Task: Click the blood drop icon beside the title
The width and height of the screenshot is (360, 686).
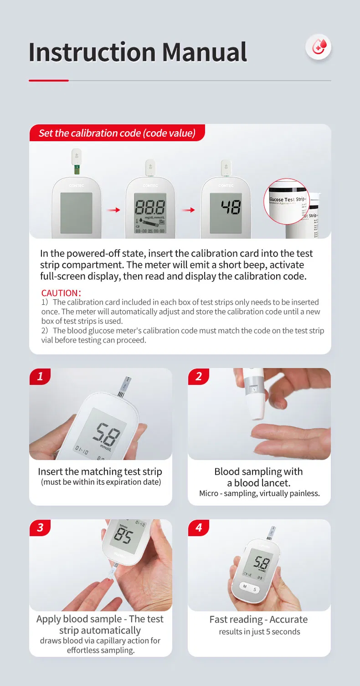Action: [x=319, y=47]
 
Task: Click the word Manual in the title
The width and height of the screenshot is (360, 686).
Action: [x=204, y=52]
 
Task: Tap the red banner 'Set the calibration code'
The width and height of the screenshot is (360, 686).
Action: [x=117, y=133]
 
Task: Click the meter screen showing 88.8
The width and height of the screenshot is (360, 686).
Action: [x=149, y=212]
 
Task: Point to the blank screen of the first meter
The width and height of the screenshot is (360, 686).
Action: [x=76, y=212]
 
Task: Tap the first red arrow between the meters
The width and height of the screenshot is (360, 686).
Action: [x=113, y=210]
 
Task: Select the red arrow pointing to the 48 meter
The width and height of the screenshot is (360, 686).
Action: [x=188, y=210]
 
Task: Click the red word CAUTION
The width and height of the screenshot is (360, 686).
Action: [x=61, y=293]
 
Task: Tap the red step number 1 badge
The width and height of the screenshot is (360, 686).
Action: [x=40, y=376]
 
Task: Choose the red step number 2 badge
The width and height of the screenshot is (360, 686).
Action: [x=199, y=376]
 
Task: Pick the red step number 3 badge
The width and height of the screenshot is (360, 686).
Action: [x=40, y=527]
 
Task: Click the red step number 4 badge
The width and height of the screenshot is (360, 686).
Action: [x=199, y=527]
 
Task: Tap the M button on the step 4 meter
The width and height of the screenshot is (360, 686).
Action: [x=245, y=586]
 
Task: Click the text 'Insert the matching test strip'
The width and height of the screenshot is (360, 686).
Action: [x=100, y=471]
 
